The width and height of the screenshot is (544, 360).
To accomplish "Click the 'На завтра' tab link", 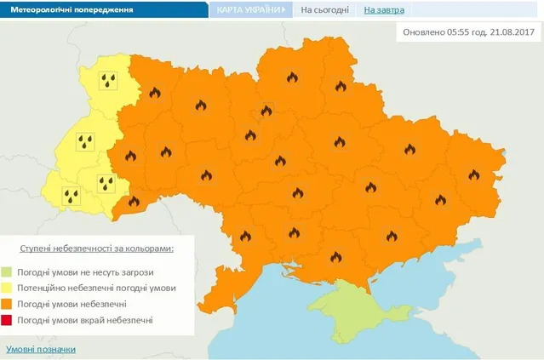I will point(384,10).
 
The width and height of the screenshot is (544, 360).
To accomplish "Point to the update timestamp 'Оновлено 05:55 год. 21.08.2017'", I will point(468,31).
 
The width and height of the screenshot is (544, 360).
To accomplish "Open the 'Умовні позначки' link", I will point(41,349).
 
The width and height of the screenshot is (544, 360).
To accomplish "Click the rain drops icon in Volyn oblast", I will point(108,81).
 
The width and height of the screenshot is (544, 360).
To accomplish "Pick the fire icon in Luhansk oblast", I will point(473,174).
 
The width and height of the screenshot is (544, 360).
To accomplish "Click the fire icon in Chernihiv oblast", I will point(292,77).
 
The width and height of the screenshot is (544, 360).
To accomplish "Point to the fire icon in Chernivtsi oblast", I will point(132,202).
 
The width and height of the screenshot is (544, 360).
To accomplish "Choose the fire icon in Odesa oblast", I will point(247,236).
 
